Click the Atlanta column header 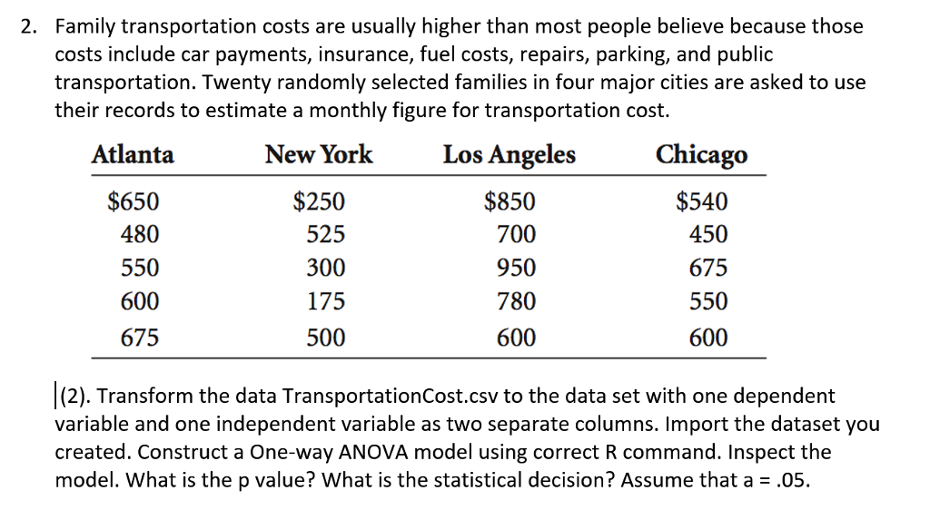point(133,154)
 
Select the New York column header point(318,154)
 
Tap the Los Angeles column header point(509,154)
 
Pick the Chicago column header point(702,155)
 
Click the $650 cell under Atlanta point(134,201)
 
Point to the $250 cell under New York point(319,201)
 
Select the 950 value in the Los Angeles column point(516,269)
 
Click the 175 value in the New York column point(324,301)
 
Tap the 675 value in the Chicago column point(708,269)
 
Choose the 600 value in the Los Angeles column point(516,338)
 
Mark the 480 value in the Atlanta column point(140,235)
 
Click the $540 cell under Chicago point(702,201)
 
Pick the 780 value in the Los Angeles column point(516,301)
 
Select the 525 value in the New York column point(324,235)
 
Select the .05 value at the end point(788,480)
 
